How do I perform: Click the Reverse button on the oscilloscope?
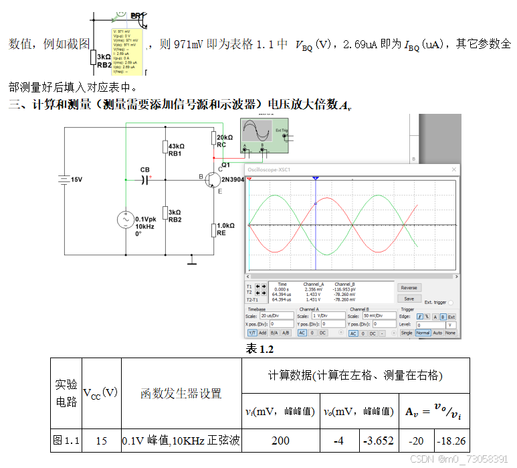(x=409, y=288)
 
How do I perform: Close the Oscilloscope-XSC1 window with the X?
(x=454, y=171)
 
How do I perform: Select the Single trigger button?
(x=406, y=333)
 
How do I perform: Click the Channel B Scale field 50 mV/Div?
(x=380, y=315)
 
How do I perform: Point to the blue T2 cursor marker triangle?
(x=316, y=179)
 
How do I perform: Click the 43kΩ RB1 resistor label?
(x=175, y=149)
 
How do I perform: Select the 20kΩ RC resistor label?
(x=225, y=141)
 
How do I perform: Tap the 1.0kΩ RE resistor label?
(x=225, y=230)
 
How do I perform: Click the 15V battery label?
(x=76, y=179)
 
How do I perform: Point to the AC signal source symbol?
(x=126, y=221)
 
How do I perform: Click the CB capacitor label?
(x=145, y=169)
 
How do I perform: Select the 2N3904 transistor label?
(x=233, y=179)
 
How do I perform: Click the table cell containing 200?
(x=281, y=441)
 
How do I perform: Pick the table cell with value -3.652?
(x=378, y=441)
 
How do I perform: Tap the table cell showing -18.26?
(x=451, y=441)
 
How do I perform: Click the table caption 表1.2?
(x=260, y=349)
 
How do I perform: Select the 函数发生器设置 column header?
(x=181, y=393)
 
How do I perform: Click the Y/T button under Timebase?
(x=252, y=333)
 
